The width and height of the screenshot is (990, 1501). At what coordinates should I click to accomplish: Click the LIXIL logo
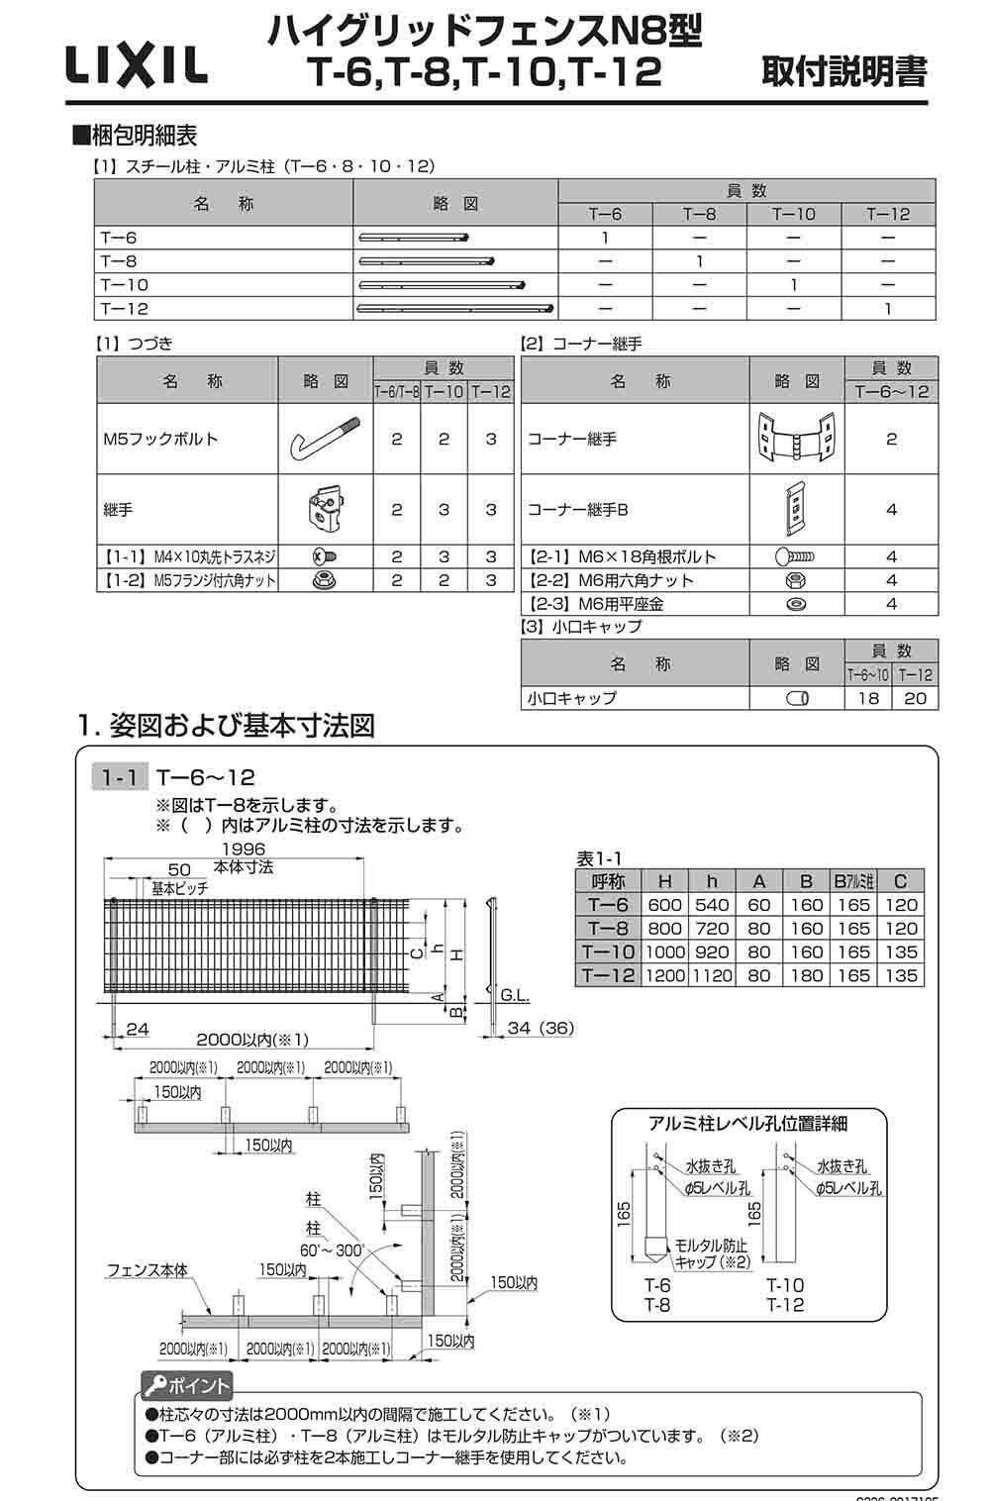pyautogui.click(x=137, y=67)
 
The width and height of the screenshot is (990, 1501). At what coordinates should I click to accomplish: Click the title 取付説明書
pyautogui.click(x=844, y=72)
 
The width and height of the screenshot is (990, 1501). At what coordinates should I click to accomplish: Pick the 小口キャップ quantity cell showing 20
pyautogui.click(x=915, y=698)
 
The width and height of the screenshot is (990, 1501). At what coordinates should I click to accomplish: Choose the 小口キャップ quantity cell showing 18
pyautogui.click(x=867, y=698)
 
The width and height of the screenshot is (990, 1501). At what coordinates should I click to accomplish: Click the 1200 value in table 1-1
pyautogui.click(x=665, y=975)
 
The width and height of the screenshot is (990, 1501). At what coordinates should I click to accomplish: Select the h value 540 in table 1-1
pyautogui.click(x=712, y=904)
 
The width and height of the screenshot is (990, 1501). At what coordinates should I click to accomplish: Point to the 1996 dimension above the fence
pyautogui.click(x=243, y=850)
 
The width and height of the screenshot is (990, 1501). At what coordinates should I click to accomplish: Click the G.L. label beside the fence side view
pyautogui.click(x=515, y=993)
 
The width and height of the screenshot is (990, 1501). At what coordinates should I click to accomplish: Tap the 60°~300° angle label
pyautogui.click(x=335, y=1251)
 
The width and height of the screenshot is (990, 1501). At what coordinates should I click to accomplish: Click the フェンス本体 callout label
pyautogui.click(x=147, y=1270)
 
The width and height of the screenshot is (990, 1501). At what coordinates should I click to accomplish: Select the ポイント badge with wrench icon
pyautogui.click(x=186, y=1385)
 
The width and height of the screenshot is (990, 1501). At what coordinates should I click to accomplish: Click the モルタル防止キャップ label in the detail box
pyautogui.click(x=711, y=1252)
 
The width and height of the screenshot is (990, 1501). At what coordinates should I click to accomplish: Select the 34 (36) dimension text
pyautogui.click(x=540, y=1028)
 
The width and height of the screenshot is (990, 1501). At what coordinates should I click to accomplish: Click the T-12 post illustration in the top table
pyautogui.click(x=455, y=308)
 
